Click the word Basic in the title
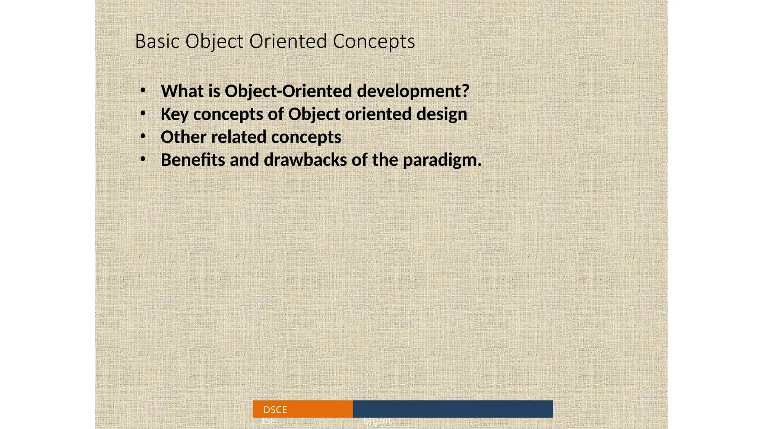[x=158, y=41]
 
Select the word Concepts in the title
[x=374, y=41]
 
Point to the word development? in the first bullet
[x=413, y=91]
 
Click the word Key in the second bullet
[x=174, y=114]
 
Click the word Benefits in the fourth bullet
[x=193, y=160]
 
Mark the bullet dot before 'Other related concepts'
[x=143, y=137]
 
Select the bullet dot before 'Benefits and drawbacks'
[x=143, y=159]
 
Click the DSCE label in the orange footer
[x=275, y=410]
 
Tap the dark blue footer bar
[x=453, y=409]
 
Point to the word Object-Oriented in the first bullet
[x=288, y=91]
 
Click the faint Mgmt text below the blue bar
[x=377, y=421]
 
